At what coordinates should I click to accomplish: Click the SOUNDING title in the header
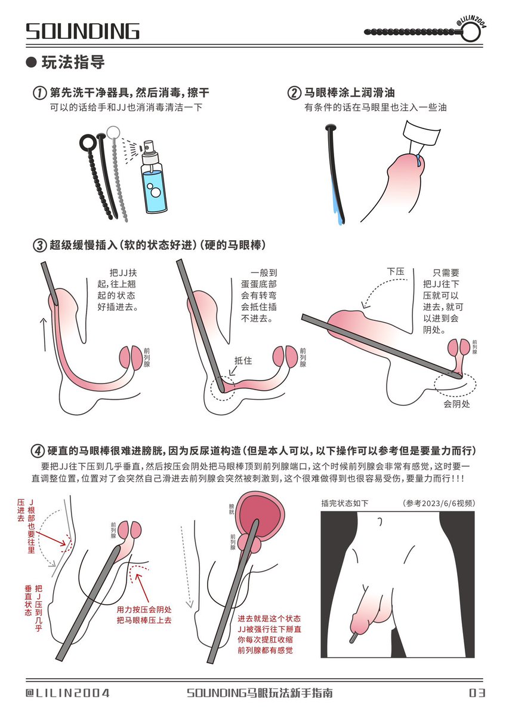[83, 31]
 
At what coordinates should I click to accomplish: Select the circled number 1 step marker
[39, 93]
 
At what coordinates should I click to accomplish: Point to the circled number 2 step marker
[294, 93]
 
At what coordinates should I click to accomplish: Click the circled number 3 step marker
[39, 246]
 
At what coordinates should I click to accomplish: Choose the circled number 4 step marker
[39, 451]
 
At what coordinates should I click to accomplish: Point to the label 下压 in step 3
[396, 271]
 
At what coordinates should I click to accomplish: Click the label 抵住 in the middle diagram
[243, 360]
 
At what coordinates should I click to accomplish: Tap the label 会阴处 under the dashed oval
[456, 405]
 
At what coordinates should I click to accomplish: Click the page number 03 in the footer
[477, 693]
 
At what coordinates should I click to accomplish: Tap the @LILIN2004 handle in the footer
[67, 693]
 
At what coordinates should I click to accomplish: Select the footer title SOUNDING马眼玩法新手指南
[260, 693]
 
